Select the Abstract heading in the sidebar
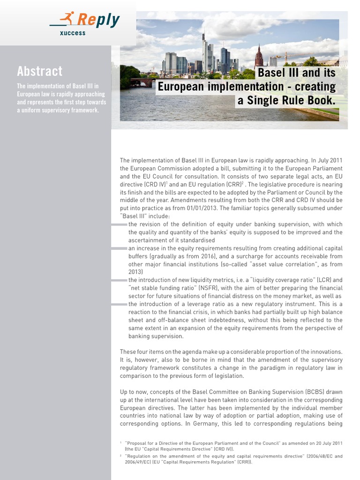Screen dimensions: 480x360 pos(39,71)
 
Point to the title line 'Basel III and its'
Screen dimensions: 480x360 pos(296,73)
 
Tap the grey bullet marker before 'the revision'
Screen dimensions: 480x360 pos(119,225)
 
